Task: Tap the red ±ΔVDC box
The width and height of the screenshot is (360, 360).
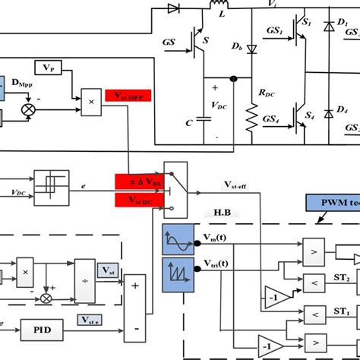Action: coord(140,181)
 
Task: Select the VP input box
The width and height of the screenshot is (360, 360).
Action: coord(49,69)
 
